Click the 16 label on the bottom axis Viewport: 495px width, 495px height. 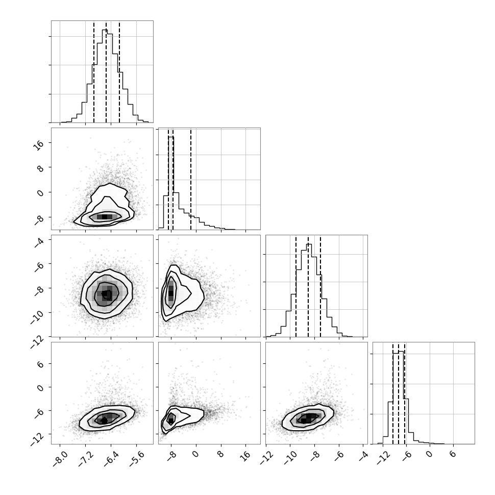click(245, 455)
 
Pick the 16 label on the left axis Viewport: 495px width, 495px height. click(39, 145)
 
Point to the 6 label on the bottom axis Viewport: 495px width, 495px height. click(453, 454)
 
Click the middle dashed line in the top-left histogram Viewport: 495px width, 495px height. click(106, 72)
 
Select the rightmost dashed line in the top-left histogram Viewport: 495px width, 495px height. click(119, 72)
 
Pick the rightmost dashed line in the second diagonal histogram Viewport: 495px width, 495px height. click(191, 179)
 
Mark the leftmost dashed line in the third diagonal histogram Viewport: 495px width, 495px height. click(296, 286)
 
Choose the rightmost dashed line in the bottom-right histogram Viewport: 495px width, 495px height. click(405, 393)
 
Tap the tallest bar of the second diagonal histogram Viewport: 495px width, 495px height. click(171, 137)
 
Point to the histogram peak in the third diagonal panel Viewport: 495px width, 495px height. click(309, 244)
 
